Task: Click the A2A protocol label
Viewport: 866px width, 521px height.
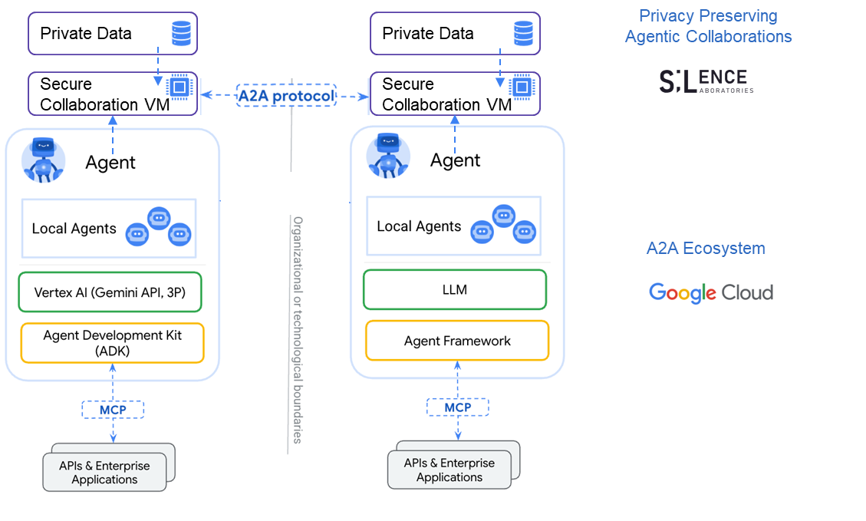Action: [x=286, y=96]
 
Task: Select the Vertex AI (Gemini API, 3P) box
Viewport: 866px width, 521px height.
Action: [x=110, y=292]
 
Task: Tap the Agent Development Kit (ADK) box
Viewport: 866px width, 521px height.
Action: [x=112, y=343]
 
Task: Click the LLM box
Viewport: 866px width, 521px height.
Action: [x=455, y=290]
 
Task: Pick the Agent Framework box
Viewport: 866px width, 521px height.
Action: [x=457, y=341]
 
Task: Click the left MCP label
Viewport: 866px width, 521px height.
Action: [x=113, y=410]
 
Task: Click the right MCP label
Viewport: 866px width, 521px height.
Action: [x=458, y=407]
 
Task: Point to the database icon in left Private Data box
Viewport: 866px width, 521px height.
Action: [x=182, y=34]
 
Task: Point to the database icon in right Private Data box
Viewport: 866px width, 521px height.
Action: [x=524, y=34]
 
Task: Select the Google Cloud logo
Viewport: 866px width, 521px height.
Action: [x=711, y=292]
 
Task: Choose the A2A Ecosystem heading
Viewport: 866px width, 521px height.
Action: [x=706, y=249]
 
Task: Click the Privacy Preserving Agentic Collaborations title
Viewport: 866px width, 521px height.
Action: [x=708, y=26]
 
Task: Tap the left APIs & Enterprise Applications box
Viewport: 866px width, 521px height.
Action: [x=104, y=473]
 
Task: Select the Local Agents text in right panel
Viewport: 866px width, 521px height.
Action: [x=419, y=226]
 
